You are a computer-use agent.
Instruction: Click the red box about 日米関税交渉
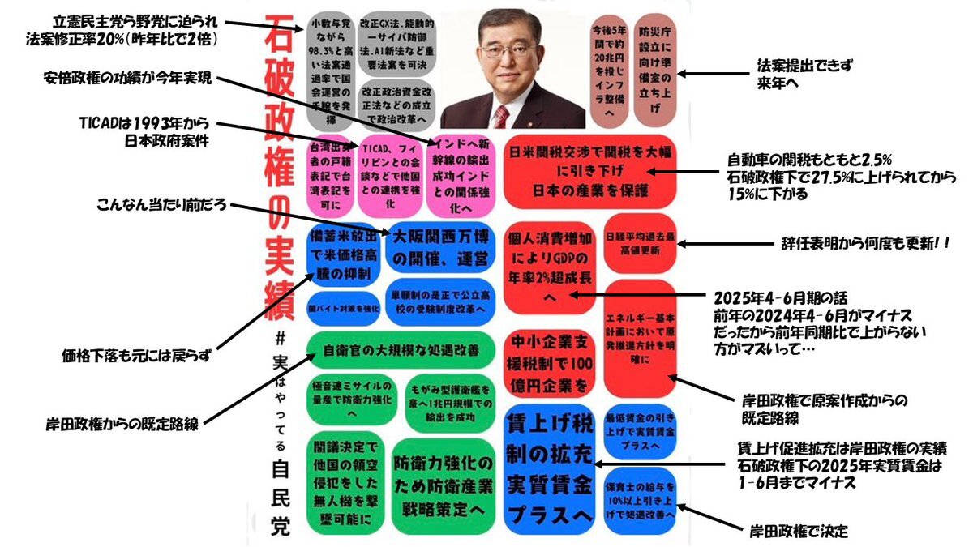click(x=591, y=172)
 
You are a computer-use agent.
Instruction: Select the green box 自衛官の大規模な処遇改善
click(x=401, y=351)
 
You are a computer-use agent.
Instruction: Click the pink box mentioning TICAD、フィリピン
click(x=388, y=177)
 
